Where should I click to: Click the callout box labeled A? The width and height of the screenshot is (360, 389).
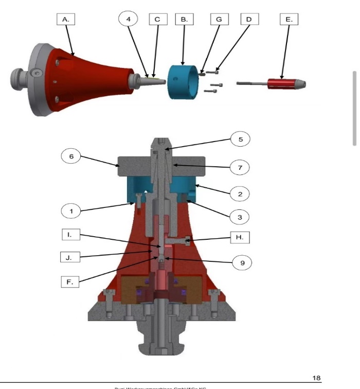tap(65, 19)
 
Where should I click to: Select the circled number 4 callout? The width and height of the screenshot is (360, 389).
tap(128, 19)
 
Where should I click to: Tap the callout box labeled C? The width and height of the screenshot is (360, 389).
tap(157, 19)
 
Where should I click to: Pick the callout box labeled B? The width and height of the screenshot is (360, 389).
tap(184, 19)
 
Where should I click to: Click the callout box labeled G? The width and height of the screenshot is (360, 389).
tap(219, 19)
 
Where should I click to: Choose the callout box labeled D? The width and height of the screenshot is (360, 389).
tap(249, 19)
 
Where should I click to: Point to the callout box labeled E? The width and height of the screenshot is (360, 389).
tap(289, 19)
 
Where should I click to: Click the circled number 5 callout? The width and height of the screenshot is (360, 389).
tap(240, 139)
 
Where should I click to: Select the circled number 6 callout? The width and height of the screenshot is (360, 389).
tap(71, 156)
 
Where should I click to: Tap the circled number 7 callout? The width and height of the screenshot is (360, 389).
tap(240, 167)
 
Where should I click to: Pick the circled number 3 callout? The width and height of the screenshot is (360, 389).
tap(240, 217)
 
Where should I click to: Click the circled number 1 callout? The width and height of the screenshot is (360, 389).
tap(71, 210)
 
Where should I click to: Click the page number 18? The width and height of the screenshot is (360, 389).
tap(316, 378)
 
